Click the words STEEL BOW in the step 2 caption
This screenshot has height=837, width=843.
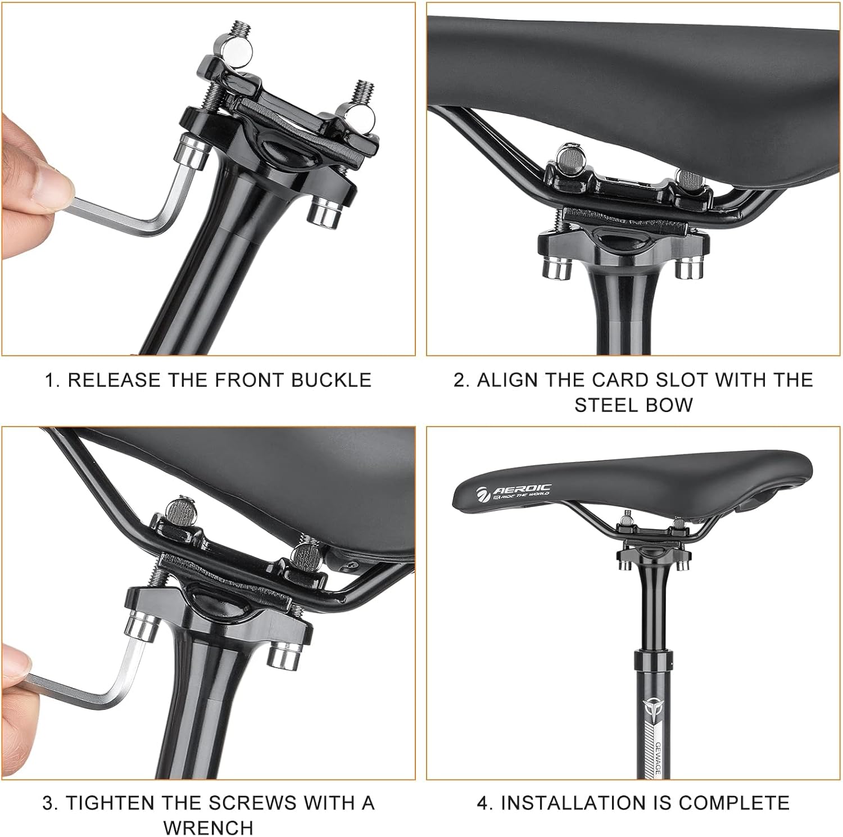click(x=633, y=405)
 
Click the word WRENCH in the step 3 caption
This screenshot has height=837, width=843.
click(x=208, y=827)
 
